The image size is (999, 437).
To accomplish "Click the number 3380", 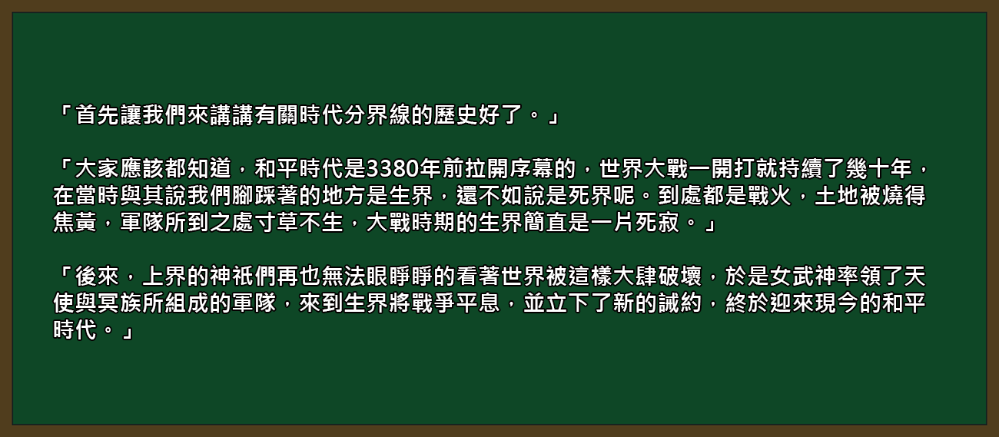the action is click(x=393, y=169).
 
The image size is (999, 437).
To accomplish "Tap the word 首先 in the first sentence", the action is click(x=98, y=115).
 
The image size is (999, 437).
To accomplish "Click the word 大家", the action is click(x=98, y=169).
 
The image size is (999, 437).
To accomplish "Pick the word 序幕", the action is click(x=532, y=169).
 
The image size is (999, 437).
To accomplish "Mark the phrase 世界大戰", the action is click(x=643, y=169).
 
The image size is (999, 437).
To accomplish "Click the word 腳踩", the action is click(x=254, y=196).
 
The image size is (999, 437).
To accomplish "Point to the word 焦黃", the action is click(x=75, y=223).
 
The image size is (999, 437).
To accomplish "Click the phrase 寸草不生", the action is click(x=299, y=223).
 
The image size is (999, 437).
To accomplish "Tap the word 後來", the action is click(x=98, y=276).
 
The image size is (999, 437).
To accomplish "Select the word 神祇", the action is click(x=232, y=276).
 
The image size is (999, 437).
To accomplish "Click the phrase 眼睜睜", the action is click(x=400, y=276).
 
